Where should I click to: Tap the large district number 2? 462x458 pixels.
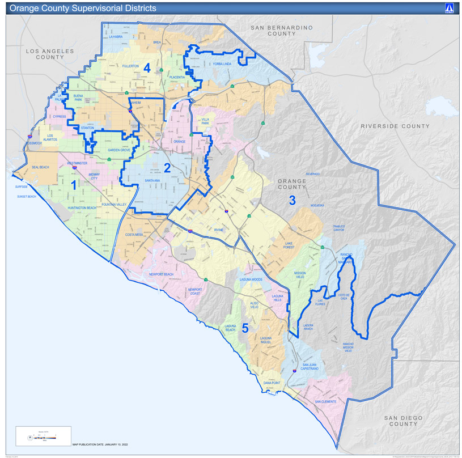click(167, 167)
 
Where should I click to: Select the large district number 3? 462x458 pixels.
click(293, 200)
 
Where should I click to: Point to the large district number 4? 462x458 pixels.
click(147, 67)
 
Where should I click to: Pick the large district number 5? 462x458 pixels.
click(245, 328)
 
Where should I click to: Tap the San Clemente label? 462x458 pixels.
click(325, 401)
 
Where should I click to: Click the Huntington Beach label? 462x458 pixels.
click(82, 208)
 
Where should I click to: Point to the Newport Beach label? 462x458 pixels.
click(161, 274)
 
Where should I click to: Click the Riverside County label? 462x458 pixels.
click(395, 126)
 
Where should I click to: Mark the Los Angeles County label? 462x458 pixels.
click(50, 54)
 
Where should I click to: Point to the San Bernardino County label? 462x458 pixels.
click(282, 30)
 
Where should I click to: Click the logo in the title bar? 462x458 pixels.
click(449, 9)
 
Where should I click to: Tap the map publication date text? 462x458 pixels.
click(100, 445)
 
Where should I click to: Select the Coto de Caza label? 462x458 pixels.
click(345, 296)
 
